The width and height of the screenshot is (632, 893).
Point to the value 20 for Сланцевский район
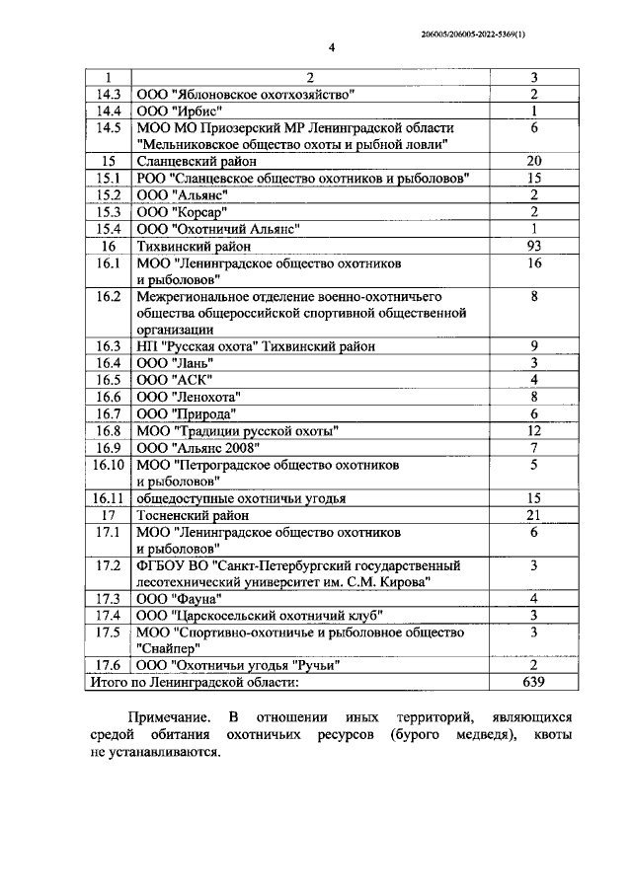pyautogui.click(x=533, y=161)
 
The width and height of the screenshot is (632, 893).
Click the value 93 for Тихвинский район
pyautogui.click(x=533, y=246)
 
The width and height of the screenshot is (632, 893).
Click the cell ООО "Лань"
pyautogui.click(x=170, y=363)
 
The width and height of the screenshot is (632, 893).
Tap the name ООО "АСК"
pyautogui.click(x=169, y=380)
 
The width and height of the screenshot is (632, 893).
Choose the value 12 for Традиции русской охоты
pyautogui.click(x=533, y=430)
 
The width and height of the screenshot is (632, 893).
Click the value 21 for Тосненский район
pyautogui.click(x=533, y=515)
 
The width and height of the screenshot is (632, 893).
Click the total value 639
pyautogui.click(x=533, y=682)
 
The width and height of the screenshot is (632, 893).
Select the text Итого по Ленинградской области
pyautogui.click(x=194, y=682)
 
